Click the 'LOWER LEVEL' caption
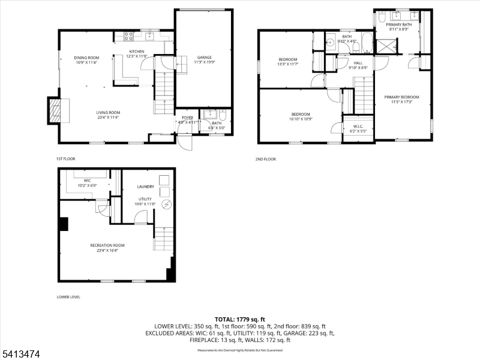tap(68, 297)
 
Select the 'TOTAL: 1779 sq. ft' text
tap(240, 319)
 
